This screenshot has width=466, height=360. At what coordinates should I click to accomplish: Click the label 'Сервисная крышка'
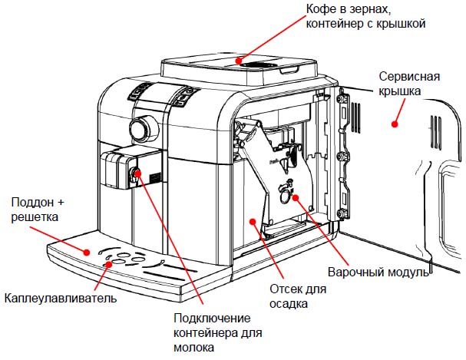tap(411, 85)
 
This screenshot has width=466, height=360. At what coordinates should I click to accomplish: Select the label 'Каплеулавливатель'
tap(60, 297)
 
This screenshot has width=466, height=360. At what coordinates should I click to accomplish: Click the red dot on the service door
tap(396, 121)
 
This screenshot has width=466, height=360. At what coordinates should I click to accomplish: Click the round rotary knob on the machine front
tap(140, 127)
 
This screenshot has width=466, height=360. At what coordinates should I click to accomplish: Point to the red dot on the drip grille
tap(109, 263)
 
